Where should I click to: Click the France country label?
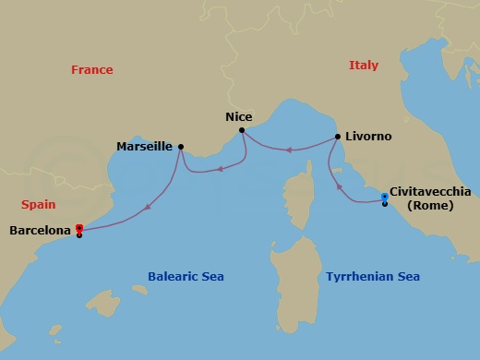(92, 70)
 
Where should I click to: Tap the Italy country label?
(364, 66)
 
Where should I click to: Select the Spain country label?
(40, 205)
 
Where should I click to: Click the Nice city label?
(238, 117)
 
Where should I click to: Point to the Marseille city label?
(146, 146)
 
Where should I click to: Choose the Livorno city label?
(369, 137)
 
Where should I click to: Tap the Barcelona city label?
(41, 230)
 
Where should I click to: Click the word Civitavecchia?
(430, 192)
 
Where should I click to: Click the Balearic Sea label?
(186, 277)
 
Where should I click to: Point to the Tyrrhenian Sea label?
(373, 277)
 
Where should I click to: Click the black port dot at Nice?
(241, 130)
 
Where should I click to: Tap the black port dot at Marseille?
(180, 146)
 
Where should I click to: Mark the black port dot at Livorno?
(338, 137)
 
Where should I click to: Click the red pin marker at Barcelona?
(79, 227)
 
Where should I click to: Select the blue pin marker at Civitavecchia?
(384, 197)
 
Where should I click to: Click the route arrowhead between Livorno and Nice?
(288, 149)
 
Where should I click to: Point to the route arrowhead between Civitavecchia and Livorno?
(340, 188)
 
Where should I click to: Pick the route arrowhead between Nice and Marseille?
(221, 169)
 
